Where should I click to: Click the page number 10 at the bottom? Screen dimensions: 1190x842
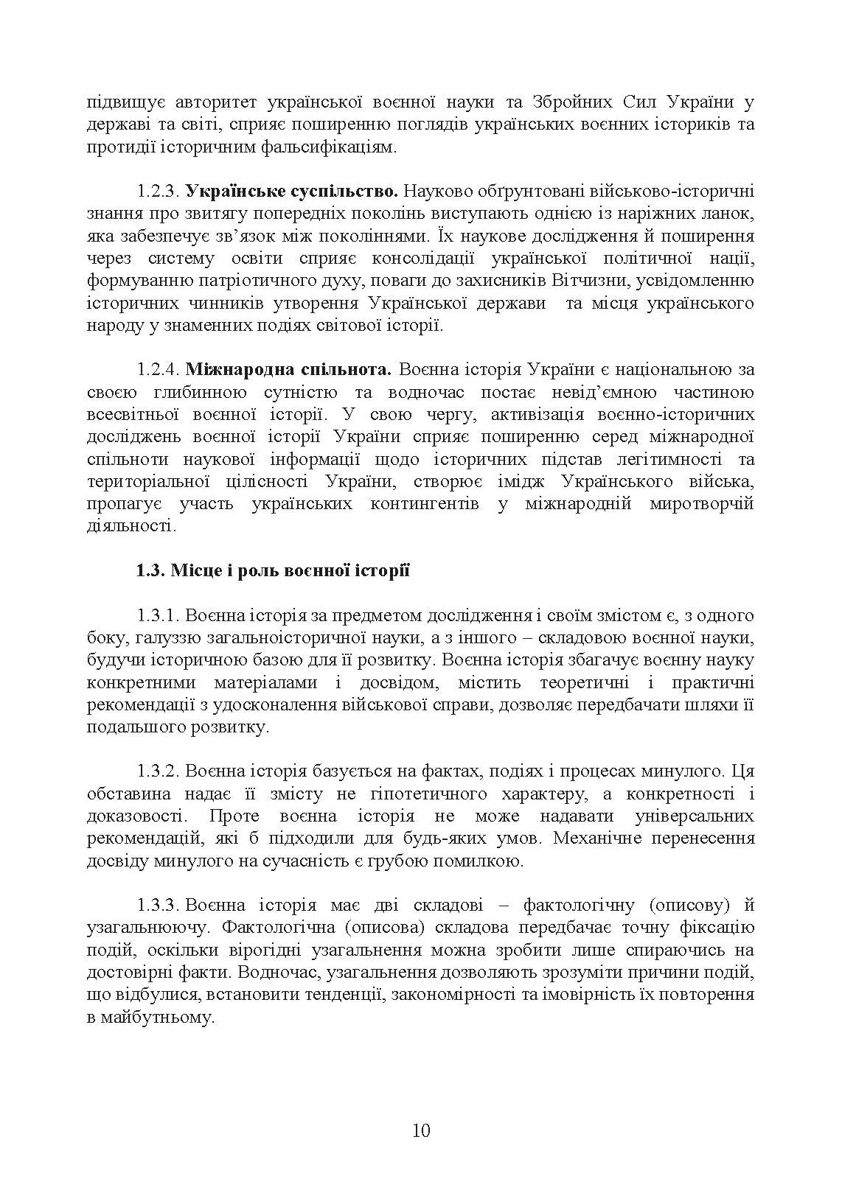coord(421,1130)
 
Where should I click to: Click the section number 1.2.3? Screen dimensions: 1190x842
coord(158,192)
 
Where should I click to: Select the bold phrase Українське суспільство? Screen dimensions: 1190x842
coord(291,192)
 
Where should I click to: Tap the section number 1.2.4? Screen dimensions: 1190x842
coord(158,370)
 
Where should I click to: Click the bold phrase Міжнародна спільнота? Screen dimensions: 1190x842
coord(288,370)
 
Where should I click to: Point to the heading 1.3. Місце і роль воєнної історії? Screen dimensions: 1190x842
coord(273,571)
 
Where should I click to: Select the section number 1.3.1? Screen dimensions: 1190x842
coord(158,615)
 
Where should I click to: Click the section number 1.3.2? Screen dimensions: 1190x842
coord(158,771)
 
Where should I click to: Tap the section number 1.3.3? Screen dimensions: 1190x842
coord(158,905)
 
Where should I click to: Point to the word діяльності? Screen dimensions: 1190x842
coord(131,526)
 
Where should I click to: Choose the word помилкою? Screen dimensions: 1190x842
coord(483,861)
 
